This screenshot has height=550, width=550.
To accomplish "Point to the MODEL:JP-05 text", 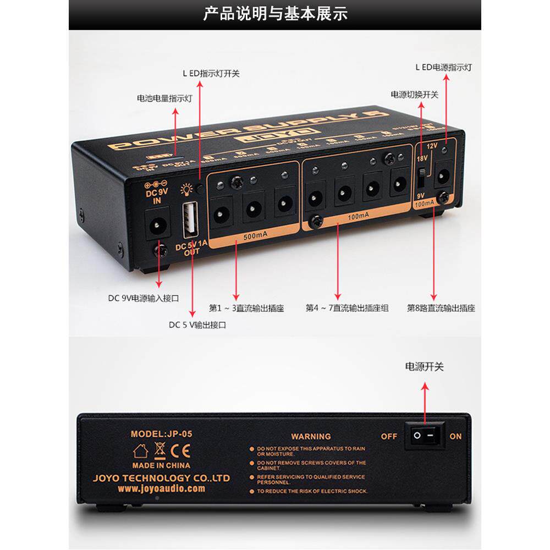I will point(161,433).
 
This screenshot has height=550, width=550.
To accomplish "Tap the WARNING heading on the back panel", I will point(311,436).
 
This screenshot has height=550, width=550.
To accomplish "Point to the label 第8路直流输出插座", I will point(441,309).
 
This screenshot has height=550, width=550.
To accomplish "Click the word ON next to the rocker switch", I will point(456,436).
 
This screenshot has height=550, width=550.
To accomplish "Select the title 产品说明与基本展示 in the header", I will point(275,14).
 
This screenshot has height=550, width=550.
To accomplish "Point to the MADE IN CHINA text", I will point(161,465).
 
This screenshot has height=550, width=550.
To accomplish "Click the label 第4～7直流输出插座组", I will point(347,309).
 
